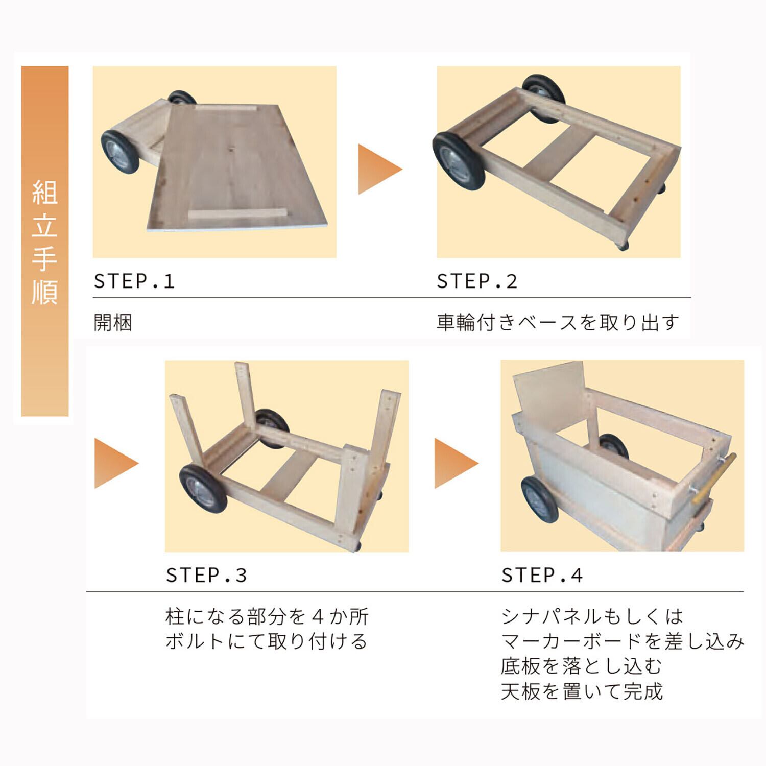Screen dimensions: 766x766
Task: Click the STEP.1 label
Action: [x=134, y=281]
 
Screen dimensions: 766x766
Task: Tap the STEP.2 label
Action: [x=477, y=281]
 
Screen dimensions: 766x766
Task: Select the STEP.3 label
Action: [x=206, y=576]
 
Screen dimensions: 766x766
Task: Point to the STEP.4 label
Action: [x=542, y=576]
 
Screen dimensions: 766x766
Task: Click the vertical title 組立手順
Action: [x=44, y=242]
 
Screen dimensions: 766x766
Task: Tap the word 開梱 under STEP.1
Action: [x=113, y=323]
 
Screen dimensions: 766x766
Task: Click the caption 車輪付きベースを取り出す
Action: [x=558, y=323]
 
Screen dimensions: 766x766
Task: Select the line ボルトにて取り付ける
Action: [x=267, y=641]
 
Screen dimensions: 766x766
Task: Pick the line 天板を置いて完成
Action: [x=582, y=691]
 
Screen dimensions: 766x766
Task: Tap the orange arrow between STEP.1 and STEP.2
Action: [x=380, y=169]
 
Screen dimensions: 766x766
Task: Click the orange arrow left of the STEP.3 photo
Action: [x=116, y=463]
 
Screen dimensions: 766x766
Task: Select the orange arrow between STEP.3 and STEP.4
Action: [x=457, y=463]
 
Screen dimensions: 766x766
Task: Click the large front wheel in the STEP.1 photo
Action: [x=119, y=152]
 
